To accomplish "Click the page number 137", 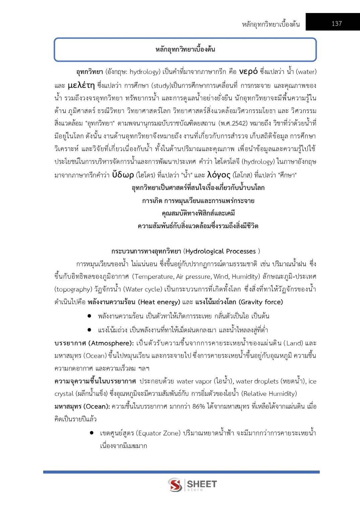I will click(x=336, y=23).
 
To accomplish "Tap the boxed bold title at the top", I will click(x=185, y=50).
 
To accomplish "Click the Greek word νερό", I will click(x=248, y=71).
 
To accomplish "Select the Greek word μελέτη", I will click(x=81, y=85).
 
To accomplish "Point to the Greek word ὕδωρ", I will click(x=123, y=175).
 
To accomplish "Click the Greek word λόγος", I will click(x=219, y=175).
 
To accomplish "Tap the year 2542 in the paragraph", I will click(x=239, y=123).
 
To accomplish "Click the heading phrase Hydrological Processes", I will click(x=220, y=251).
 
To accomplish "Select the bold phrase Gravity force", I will click(x=261, y=302).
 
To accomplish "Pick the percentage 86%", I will click(x=199, y=406).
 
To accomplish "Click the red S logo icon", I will click(x=175, y=485).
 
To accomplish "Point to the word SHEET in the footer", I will click(x=202, y=484).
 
